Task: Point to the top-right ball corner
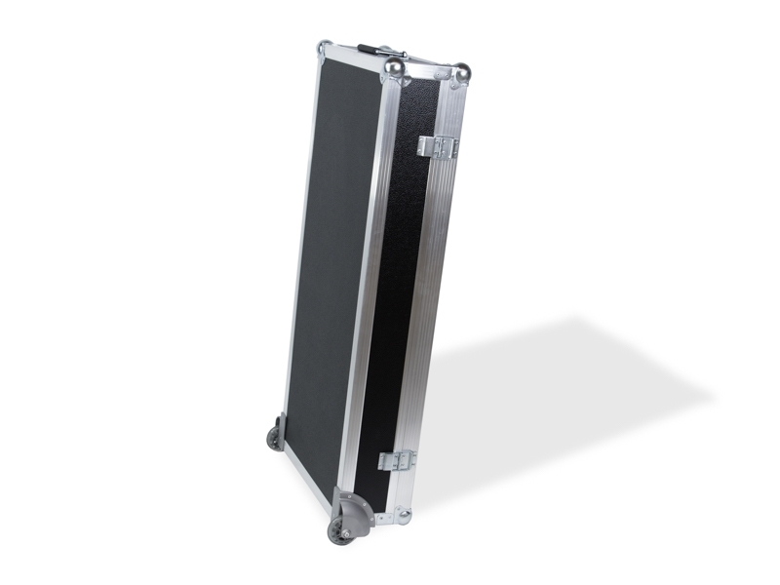(461, 72)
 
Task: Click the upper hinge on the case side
(438, 146)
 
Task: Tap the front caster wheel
(342, 531)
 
